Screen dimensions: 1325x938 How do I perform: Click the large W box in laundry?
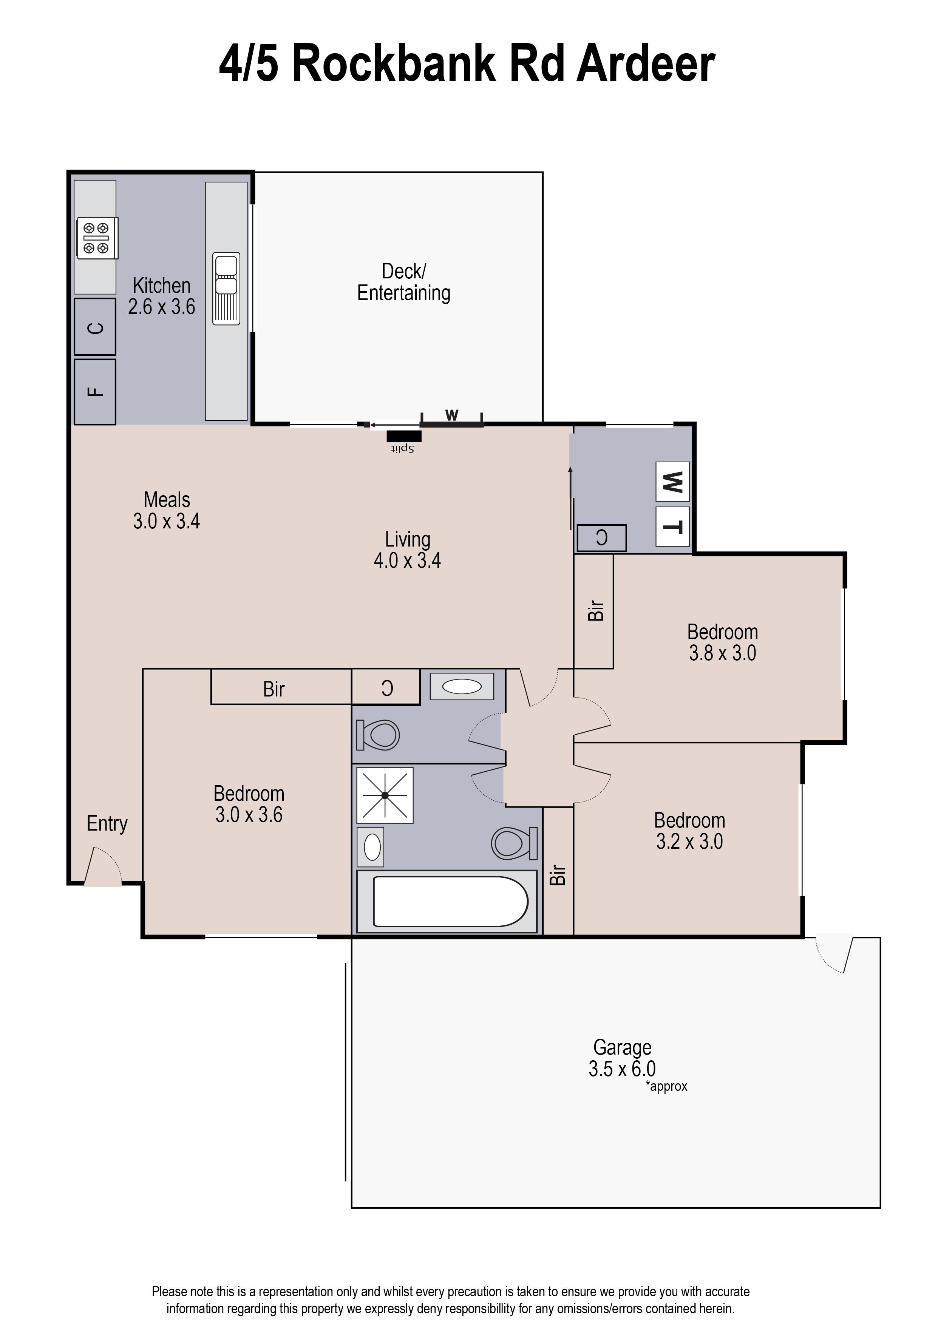pyautogui.click(x=672, y=482)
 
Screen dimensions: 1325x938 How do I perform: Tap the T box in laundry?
pyautogui.click(x=672, y=527)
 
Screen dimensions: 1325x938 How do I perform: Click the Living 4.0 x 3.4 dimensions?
pyautogui.click(x=407, y=561)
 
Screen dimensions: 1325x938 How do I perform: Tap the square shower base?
pyautogui.click(x=385, y=795)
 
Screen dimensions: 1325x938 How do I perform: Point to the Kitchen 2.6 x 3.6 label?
pyautogui.click(x=161, y=296)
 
